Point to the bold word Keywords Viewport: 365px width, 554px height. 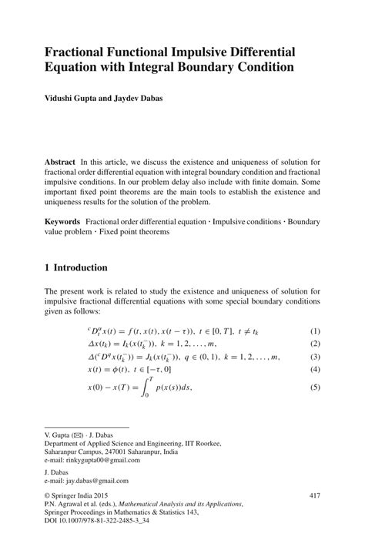pyautogui.click(x=63, y=221)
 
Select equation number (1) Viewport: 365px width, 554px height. pyautogui.click(x=314, y=330)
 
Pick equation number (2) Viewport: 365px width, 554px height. pyautogui.click(x=314, y=344)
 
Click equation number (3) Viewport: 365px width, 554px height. pyautogui.click(x=314, y=358)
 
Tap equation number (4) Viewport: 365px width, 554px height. pyautogui.click(x=314, y=371)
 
